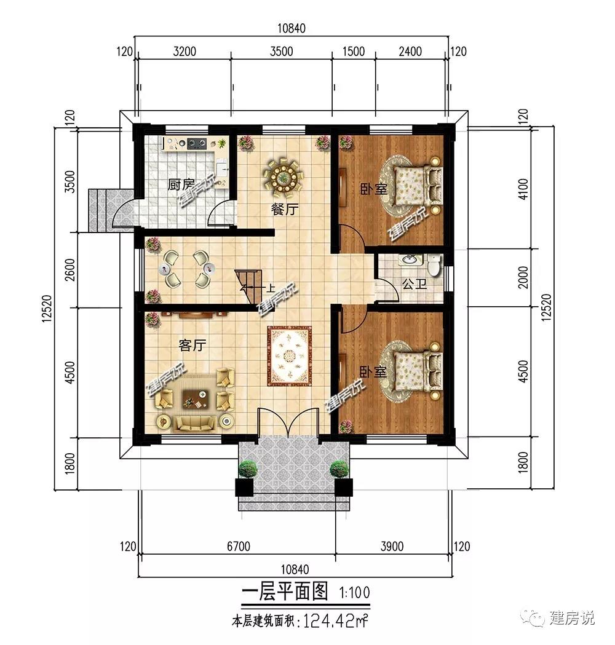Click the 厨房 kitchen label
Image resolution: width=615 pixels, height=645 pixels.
click(x=181, y=184)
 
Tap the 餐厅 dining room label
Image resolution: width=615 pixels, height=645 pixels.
click(x=284, y=210)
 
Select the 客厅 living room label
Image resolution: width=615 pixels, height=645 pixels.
click(x=192, y=345)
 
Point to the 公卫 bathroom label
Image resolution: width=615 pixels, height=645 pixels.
click(x=415, y=283)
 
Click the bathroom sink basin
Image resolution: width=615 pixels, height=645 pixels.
click(x=409, y=260)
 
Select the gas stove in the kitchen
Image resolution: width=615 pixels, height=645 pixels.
click(x=197, y=143)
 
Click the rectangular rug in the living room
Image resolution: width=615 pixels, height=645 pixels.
click(x=290, y=356)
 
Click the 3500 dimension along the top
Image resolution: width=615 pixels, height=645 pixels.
click(x=282, y=52)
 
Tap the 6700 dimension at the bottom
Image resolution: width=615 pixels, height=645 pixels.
click(x=239, y=546)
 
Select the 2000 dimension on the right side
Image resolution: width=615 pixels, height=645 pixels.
click(x=523, y=277)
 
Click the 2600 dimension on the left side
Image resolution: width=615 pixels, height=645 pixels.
click(x=70, y=270)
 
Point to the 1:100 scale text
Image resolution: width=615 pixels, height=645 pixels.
click(x=355, y=593)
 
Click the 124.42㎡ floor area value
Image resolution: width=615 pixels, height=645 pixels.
click(x=335, y=621)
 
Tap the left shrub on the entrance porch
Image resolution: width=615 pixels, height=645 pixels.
click(x=248, y=469)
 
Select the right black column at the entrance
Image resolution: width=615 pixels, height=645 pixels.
click(x=344, y=488)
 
